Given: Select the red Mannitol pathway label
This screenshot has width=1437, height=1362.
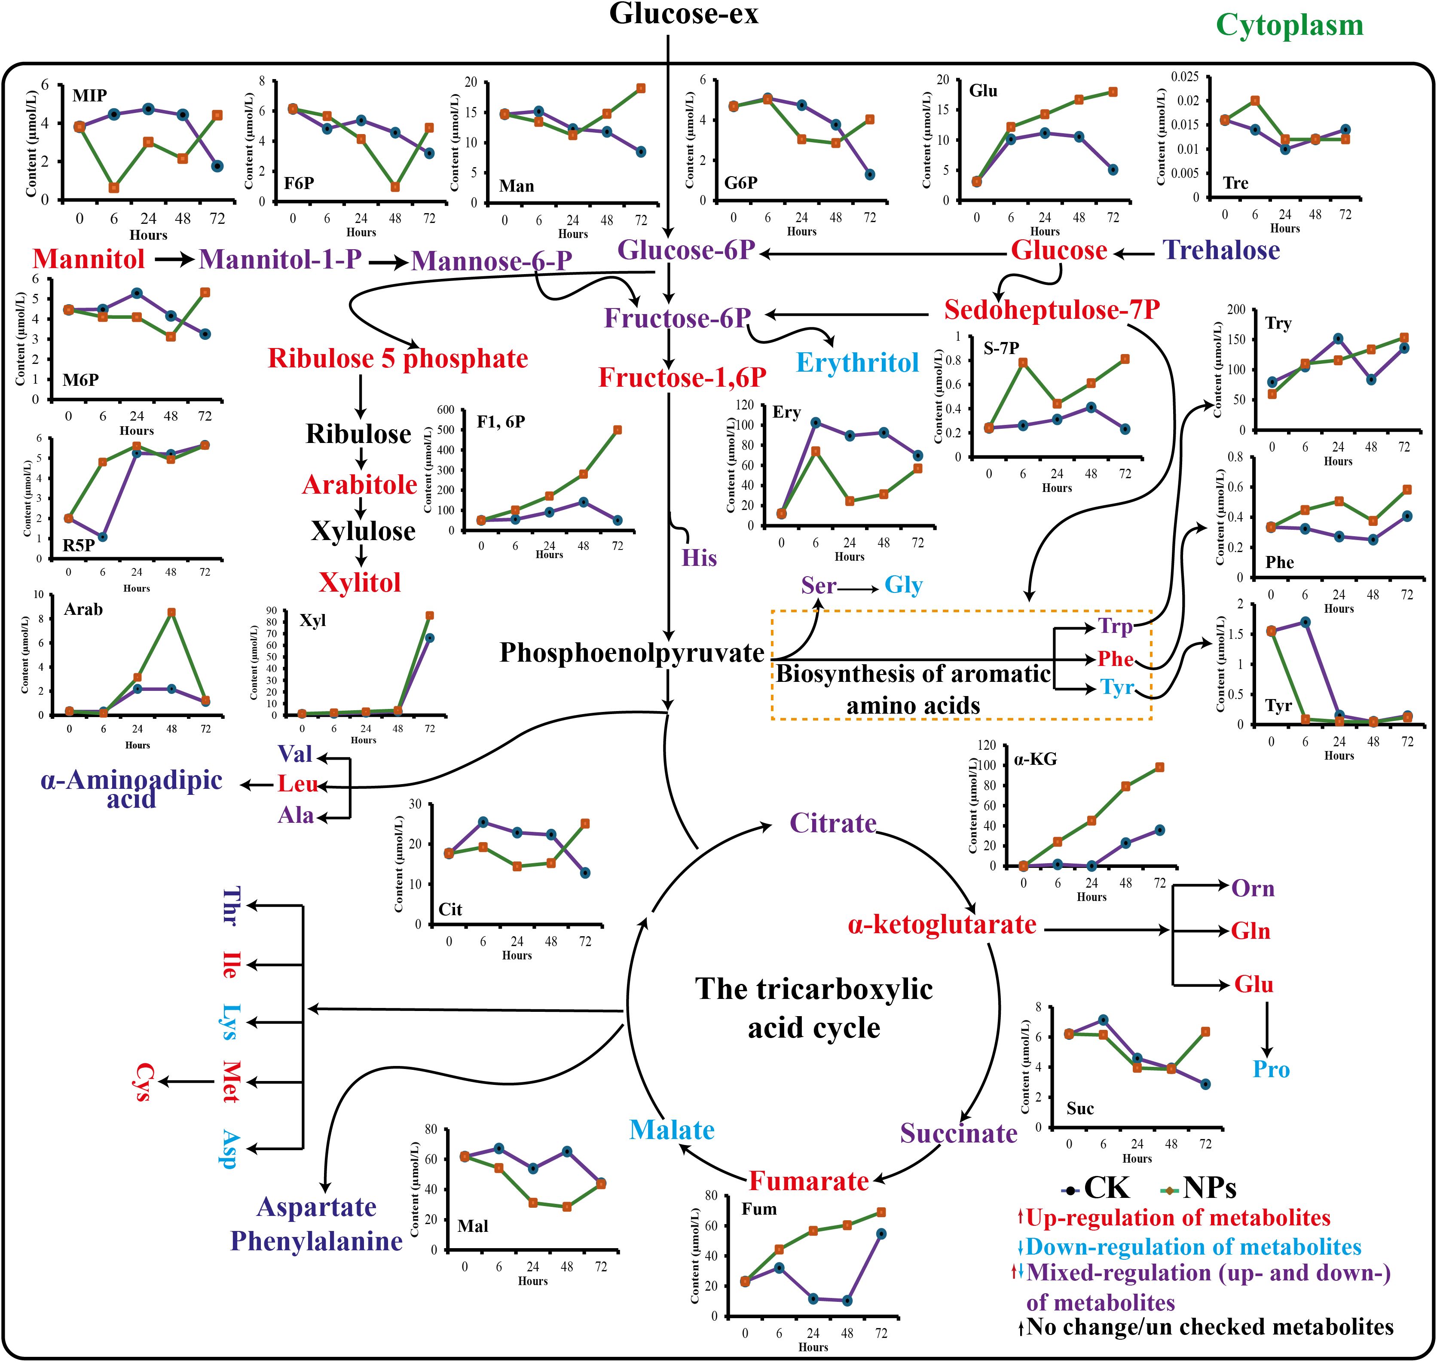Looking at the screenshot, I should coord(89,259).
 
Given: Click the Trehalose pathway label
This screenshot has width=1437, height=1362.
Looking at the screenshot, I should coord(1221,250).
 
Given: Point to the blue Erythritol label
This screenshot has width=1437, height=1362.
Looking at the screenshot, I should coord(858,362).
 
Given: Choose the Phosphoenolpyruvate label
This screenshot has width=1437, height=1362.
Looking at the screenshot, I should coord(632,653).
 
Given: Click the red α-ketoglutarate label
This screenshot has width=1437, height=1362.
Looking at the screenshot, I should coord(942,925).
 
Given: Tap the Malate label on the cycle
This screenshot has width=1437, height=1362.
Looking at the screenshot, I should coord(672,1130).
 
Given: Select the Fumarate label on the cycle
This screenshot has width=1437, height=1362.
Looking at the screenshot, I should coord(808,1181).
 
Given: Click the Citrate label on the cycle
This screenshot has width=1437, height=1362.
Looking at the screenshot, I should coord(833,823).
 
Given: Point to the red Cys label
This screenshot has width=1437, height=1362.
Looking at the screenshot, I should coord(144,1082).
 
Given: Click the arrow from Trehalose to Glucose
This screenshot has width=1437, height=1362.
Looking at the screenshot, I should coord(1134,254).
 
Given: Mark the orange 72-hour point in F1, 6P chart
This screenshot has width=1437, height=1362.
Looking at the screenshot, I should coord(617,430).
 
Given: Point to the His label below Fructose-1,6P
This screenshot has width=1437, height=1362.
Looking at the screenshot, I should coord(699,558).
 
